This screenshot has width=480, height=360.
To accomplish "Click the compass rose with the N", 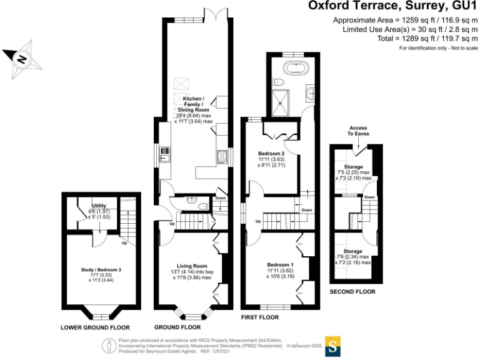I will (21, 59).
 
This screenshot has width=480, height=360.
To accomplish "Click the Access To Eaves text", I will (358, 131).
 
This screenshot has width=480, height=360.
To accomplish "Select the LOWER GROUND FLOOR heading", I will (95, 327).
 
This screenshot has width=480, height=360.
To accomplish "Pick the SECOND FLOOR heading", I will (354, 292).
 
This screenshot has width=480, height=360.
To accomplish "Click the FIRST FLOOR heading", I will (259, 317).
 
